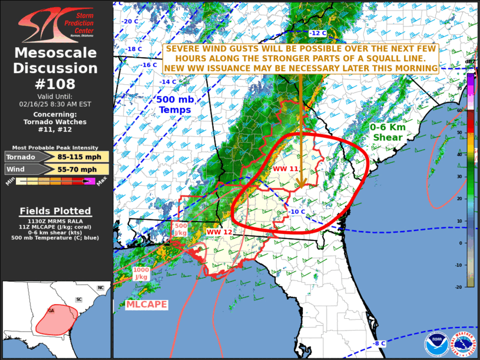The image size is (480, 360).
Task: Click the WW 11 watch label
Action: click(286, 169)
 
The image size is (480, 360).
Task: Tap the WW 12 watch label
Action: click(219, 232)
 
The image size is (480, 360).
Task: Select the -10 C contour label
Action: click(296, 212)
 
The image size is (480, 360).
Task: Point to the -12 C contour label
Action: click(317, 33)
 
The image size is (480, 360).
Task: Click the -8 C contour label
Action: click(379, 343)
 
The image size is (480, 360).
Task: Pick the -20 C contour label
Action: click(130, 21)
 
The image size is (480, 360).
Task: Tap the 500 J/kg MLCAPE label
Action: click(181, 229)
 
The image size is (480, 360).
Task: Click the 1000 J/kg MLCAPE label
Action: click(141, 273)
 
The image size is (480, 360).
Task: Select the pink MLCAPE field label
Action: click(147, 305)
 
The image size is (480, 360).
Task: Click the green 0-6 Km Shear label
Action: click(386, 132)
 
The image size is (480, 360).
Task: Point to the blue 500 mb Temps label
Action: click(174, 105)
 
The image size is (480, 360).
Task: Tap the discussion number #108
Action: click(56, 84)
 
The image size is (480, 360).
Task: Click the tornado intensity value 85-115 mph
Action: click(81, 157)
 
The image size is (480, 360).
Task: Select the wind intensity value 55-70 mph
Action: click(81, 170)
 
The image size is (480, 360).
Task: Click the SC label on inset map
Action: click(78, 299)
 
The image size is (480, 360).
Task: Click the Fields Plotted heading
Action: click(55, 211)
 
